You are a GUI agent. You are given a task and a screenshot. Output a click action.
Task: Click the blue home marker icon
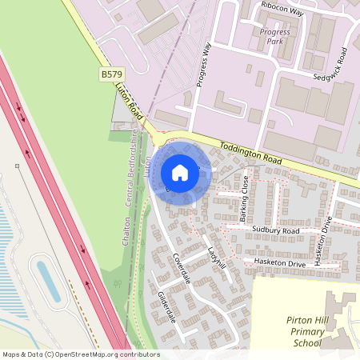[x=180, y=173]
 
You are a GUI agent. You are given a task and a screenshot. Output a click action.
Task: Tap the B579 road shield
[x=111, y=74]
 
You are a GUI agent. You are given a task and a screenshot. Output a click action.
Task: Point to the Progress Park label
[x=274, y=37]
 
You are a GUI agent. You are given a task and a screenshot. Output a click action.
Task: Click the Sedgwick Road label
[x=331, y=65]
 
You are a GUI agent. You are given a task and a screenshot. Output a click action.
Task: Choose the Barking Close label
[x=244, y=199]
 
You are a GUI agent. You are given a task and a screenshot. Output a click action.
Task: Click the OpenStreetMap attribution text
[x=81, y=354]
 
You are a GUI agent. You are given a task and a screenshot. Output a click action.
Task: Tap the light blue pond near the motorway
[x=47, y=281]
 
